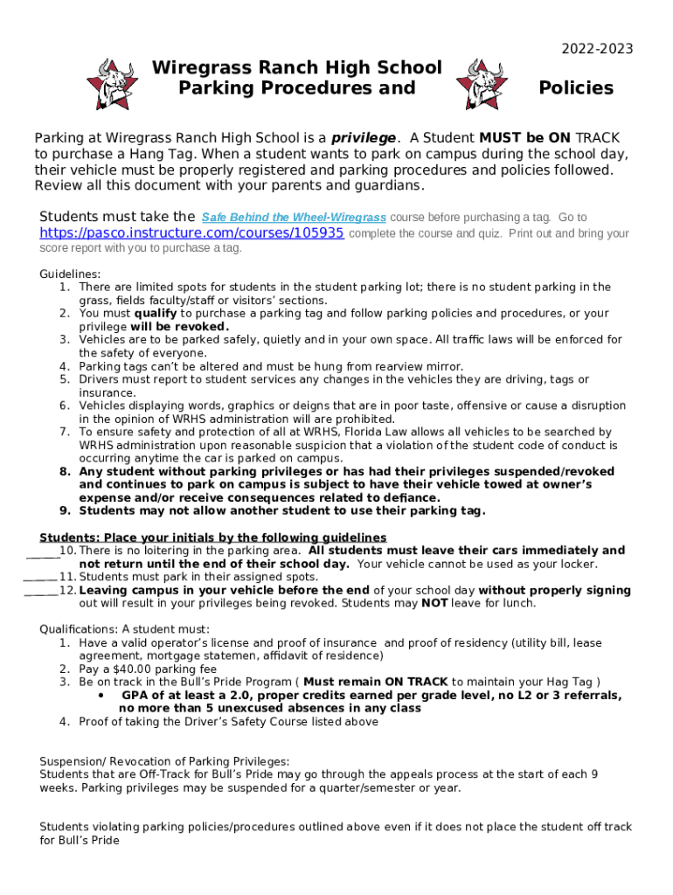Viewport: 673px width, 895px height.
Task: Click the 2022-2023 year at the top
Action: [597, 49]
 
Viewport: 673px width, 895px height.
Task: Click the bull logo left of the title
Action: [110, 83]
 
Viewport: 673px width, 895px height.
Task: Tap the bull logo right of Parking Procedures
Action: [482, 83]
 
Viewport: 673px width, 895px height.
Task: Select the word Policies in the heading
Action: [576, 88]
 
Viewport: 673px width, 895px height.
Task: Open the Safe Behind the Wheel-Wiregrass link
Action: [294, 218]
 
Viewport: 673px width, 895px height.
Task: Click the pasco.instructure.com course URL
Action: [191, 234]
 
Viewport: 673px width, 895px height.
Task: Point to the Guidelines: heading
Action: [71, 274]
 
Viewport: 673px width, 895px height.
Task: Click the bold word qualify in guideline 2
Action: [156, 313]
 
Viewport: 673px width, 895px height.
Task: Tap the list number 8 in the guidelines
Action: [65, 471]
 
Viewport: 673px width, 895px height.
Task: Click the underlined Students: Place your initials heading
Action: [212, 538]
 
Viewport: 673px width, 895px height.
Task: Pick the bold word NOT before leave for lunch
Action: [434, 603]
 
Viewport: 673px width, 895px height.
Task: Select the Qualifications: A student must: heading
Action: [125, 629]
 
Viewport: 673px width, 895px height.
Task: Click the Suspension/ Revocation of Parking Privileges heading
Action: [164, 761]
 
